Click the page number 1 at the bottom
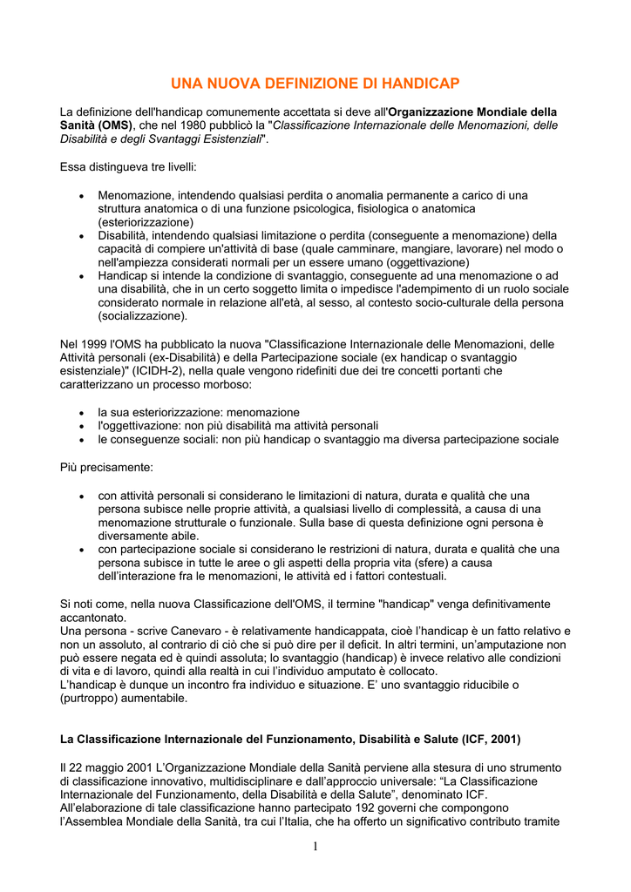(x=315, y=848)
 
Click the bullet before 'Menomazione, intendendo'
(x=81, y=197)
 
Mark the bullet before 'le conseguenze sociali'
(x=81, y=440)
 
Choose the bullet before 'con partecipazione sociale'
(x=81, y=551)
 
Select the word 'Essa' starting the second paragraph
(x=73, y=166)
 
